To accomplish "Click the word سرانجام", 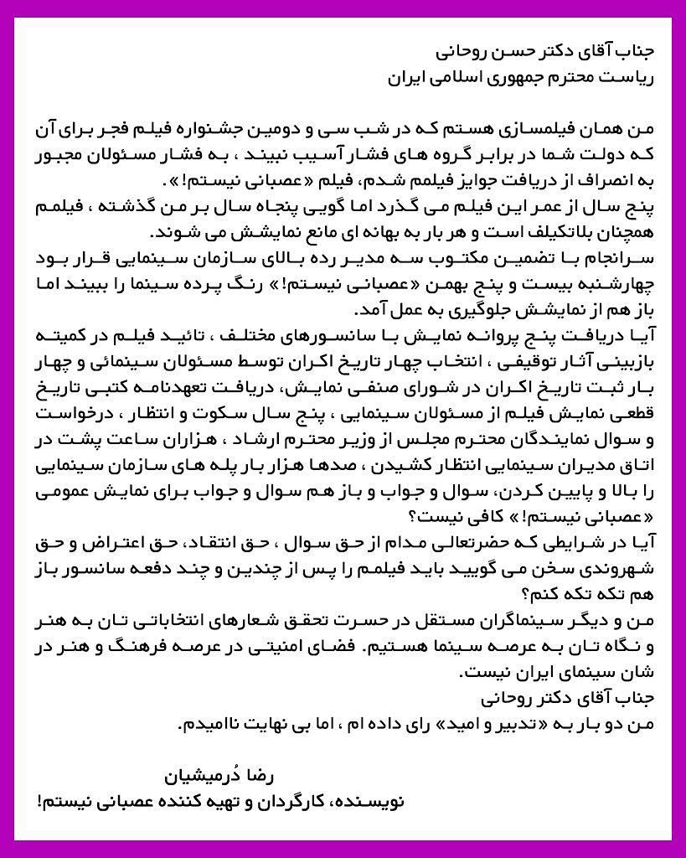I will pyautogui.click(x=614, y=257).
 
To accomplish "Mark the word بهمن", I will pyautogui.click(x=454, y=283).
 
